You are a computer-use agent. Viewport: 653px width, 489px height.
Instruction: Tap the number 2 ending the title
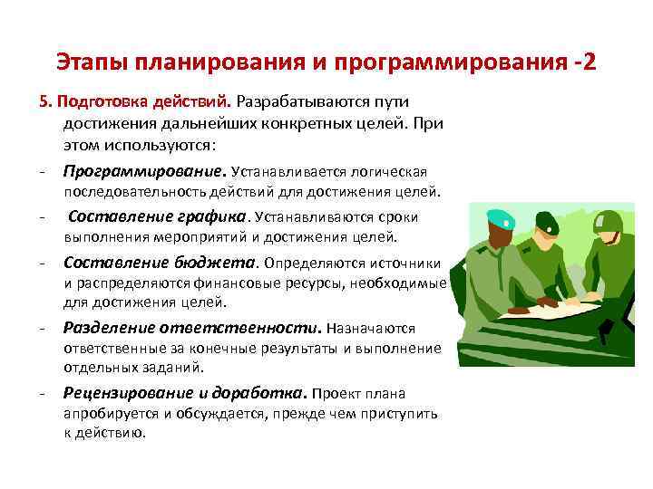pos(590,63)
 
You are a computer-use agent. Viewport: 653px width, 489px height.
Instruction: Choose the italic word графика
pos(219,216)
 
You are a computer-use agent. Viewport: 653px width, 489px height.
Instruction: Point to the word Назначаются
pos(370,329)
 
